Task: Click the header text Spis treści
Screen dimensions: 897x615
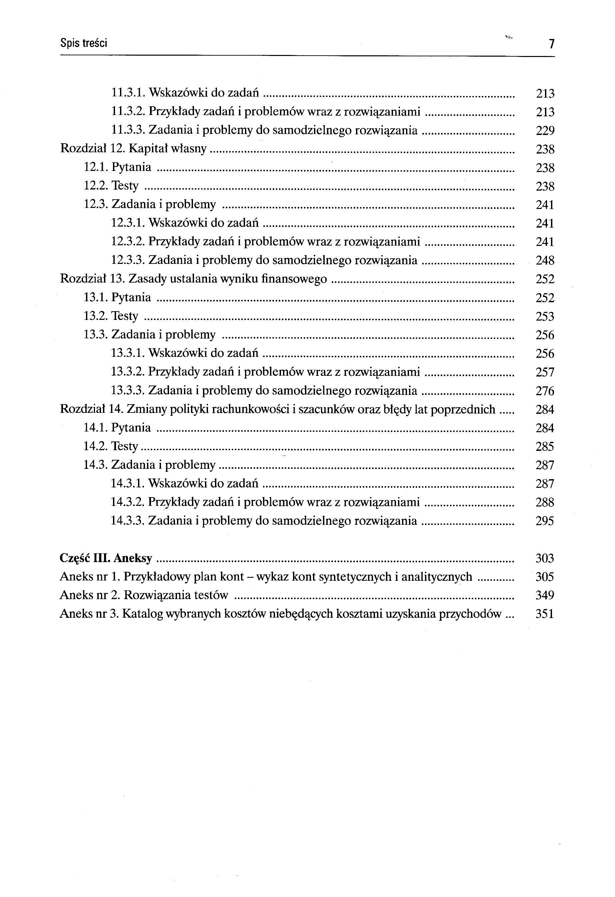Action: click(x=84, y=43)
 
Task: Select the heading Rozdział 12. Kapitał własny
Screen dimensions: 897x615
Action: click(x=134, y=149)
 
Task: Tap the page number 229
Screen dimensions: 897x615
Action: click(x=545, y=131)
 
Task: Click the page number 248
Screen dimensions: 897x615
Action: click(x=545, y=261)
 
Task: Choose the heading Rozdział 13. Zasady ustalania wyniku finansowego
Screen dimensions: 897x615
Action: click(x=193, y=279)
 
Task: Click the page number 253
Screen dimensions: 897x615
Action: click(x=545, y=317)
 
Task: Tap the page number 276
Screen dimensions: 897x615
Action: click(x=545, y=391)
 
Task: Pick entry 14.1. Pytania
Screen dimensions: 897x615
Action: click(x=117, y=428)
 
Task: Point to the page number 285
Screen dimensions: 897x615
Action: click(x=545, y=447)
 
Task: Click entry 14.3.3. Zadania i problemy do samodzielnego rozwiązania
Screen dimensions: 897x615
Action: click(x=264, y=521)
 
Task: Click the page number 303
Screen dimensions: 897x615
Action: click(x=545, y=558)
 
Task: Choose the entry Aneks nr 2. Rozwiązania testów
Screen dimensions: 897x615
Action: click(x=144, y=595)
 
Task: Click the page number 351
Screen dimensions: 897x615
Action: click(x=545, y=614)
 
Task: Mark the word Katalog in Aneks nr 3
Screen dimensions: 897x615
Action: click(x=143, y=614)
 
